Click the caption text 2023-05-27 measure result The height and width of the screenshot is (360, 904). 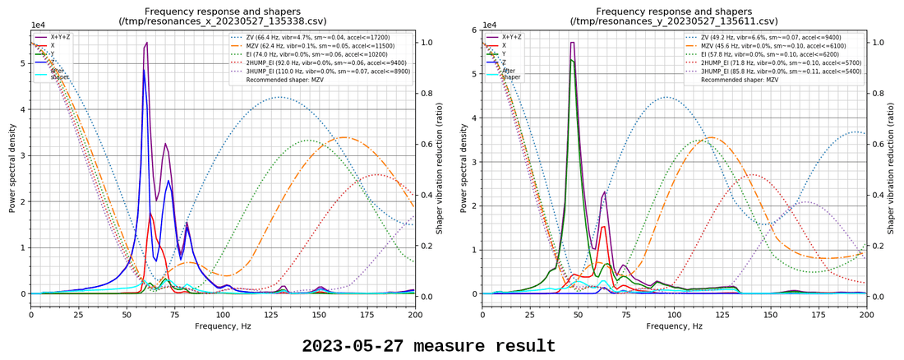click(x=428, y=346)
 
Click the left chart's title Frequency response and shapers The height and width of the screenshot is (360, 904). click(x=223, y=11)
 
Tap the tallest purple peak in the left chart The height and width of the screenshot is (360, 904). click(x=146, y=44)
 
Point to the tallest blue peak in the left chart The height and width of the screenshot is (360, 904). click(x=144, y=71)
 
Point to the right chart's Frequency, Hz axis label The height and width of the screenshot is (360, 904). click(x=674, y=326)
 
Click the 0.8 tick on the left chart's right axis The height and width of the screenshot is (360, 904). click(x=426, y=94)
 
